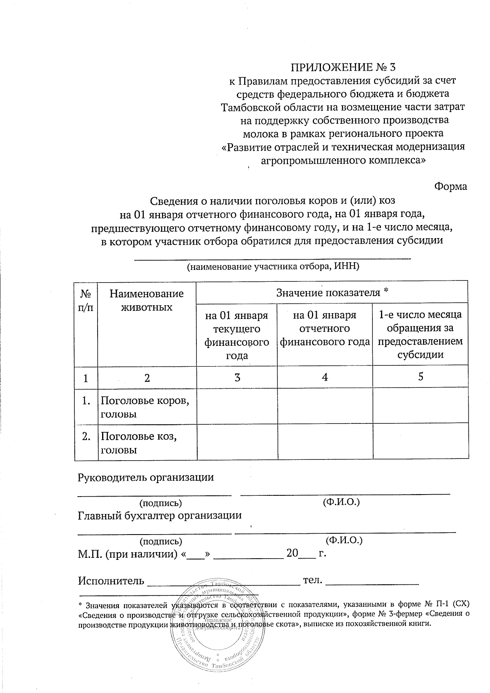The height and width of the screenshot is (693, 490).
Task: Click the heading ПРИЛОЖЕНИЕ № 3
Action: [x=343, y=67]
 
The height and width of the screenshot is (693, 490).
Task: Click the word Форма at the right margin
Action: [x=450, y=186]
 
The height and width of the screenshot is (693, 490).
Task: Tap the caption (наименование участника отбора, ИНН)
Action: [x=273, y=267]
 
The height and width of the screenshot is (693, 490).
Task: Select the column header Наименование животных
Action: [x=147, y=300]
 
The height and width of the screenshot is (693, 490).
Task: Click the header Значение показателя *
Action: [x=332, y=292]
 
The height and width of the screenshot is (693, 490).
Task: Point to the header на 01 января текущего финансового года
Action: [x=236, y=335]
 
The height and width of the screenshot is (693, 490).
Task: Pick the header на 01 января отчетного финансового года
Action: [x=325, y=328]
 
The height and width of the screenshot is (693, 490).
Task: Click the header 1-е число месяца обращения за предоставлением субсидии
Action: [x=420, y=334]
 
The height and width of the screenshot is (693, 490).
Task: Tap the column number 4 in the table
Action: [x=325, y=377]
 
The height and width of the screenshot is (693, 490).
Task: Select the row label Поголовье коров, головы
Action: [x=145, y=407]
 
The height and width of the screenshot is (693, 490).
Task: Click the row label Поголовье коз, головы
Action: [x=139, y=443]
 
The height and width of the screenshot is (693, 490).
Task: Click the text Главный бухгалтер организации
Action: [x=159, y=515]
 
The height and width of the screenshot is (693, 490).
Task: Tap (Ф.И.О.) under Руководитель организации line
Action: [x=341, y=501]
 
